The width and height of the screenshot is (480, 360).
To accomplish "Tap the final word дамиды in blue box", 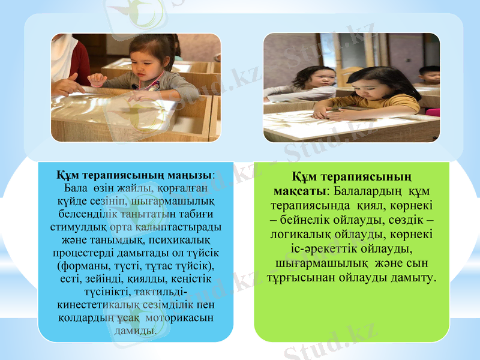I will click(136, 329).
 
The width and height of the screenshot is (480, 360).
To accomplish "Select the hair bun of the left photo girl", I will click(170, 43).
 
